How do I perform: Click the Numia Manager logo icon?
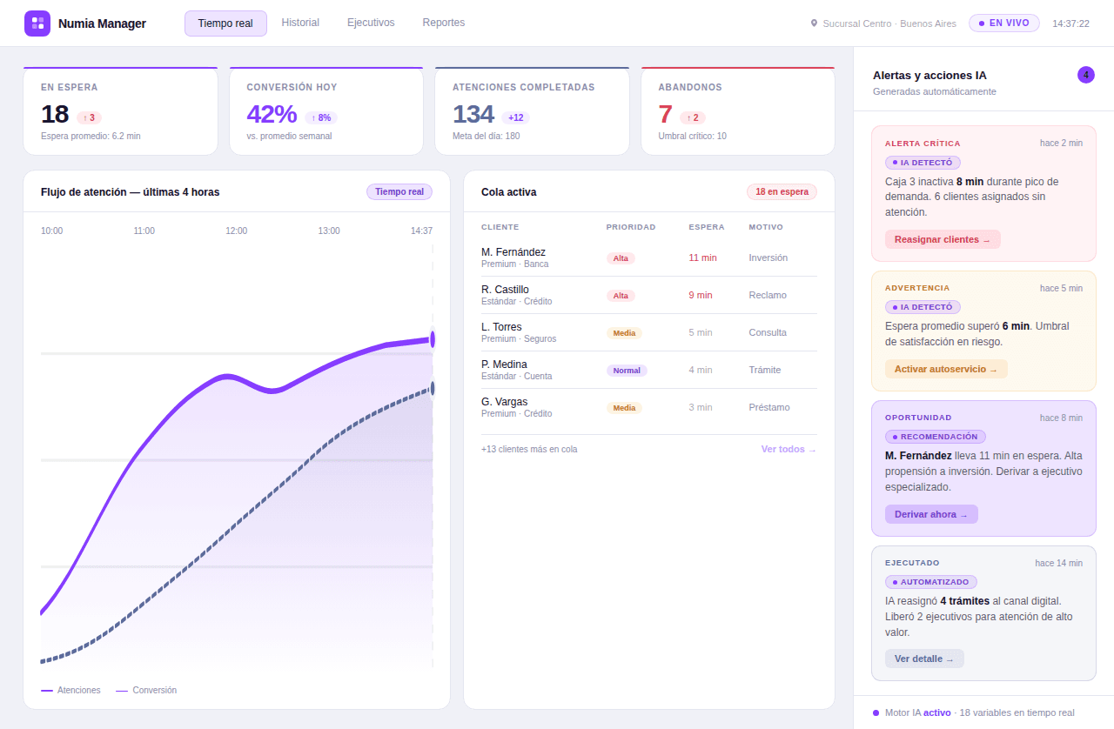click(x=37, y=23)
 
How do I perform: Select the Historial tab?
click(x=300, y=23)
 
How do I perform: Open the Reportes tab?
click(x=443, y=23)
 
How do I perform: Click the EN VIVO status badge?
click(x=1003, y=23)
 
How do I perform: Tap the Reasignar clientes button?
click(x=943, y=239)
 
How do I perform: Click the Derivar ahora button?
click(x=931, y=514)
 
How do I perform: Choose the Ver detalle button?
click(x=924, y=659)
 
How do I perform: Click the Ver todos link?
click(x=789, y=449)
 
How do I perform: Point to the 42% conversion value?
click(x=272, y=114)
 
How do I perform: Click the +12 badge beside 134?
click(x=515, y=117)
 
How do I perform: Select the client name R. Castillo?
click(x=505, y=290)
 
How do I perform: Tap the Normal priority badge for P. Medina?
click(x=627, y=371)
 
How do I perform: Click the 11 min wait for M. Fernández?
click(x=702, y=257)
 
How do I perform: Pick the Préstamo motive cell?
click(x=768, y=407)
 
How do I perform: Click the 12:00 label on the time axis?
click(x=236, y=231)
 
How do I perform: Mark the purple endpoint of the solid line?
click(x=433, y=339)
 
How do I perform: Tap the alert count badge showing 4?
click(x=1085, y=75)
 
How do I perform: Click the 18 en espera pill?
click(x=781, y=191)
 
